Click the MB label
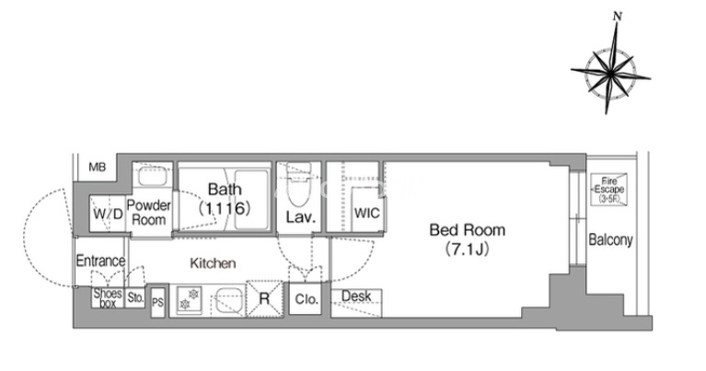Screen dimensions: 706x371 coord(98,168)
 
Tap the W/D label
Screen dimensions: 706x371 coord(108,214)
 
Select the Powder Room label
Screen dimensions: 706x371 coord(148,213)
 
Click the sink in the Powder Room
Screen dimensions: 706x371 coord(153,176)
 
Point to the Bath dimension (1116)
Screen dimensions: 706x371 coord(225,208)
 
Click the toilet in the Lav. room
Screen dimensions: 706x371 coord(298,185)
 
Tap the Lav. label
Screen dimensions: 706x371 coord(300,217)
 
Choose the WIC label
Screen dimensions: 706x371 coord(366,213)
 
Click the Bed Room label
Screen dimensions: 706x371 coord(467,230)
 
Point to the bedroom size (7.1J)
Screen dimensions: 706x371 coord(467,249)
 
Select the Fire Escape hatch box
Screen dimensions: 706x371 coord(608,189)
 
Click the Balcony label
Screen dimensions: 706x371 coord(610,240)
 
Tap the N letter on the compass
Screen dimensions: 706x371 coord(618,17)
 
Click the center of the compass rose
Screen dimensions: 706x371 coord(610,72)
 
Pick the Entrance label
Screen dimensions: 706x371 coord(100,261)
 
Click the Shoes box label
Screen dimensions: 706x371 coord(108,298)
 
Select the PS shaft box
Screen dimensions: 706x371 coord(157,302)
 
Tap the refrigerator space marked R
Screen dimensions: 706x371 coord(265,299)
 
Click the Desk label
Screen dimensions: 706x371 coord(356,296)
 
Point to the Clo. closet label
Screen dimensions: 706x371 coord(307,299)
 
